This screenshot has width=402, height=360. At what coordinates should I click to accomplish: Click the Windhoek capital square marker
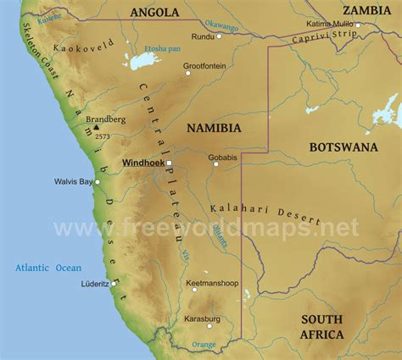click(x=169, y=162)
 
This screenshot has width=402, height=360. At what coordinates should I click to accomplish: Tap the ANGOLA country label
click(x=154, y=12)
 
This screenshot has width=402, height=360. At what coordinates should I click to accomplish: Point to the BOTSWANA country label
click(x=343, y=147)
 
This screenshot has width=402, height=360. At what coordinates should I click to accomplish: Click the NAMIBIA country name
click(x=214, y=128)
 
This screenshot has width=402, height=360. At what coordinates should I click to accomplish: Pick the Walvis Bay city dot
click(x=98, y=181)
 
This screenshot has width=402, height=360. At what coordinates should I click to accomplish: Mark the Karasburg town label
click(x=202, y=318)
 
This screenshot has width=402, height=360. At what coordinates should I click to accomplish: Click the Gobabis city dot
click(x=215, y=163)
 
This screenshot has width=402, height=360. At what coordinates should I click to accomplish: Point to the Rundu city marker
click(x=219, y=36)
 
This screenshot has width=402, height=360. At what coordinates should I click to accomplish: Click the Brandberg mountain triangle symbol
click(x=96, y=129)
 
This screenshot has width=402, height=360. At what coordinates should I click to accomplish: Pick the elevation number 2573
click(x=102, y=136)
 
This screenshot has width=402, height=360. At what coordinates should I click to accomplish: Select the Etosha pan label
click(x=163, y=50)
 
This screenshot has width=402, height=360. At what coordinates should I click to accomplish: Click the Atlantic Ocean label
click(x=48, y=268)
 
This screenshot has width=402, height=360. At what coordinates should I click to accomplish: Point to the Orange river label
click(x=204, y=345)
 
